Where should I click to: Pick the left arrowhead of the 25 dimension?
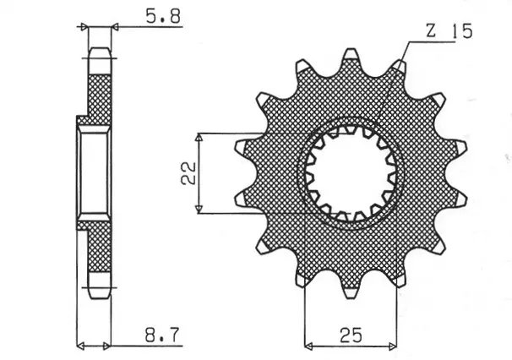tap(308, 345)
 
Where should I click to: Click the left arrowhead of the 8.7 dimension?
tap(80, 345)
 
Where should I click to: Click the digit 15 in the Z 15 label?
tap(460, 31)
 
